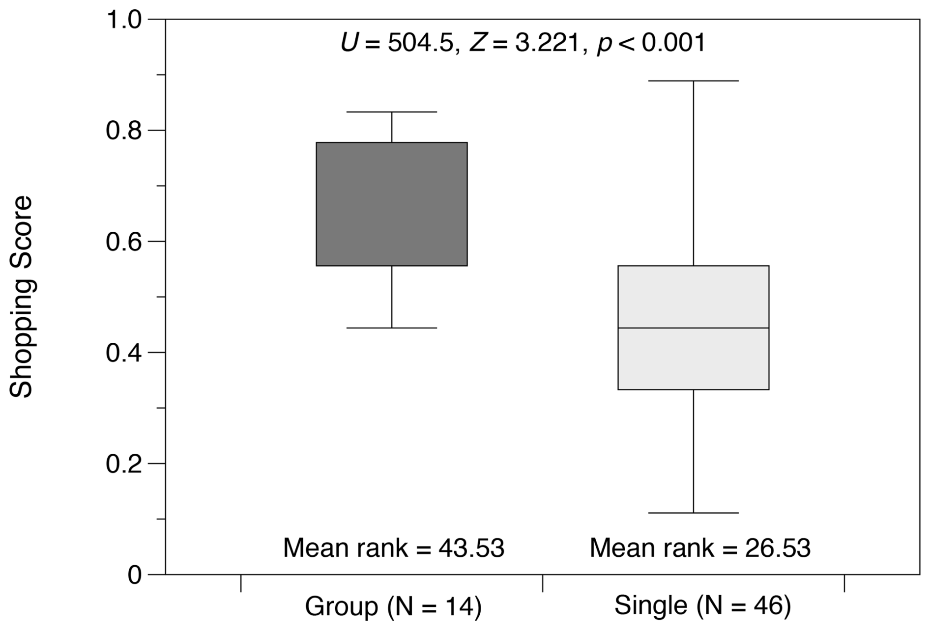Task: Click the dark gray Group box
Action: tap(391, 204)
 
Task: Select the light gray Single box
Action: tap(693, 295)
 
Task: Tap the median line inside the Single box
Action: tap(693, 328)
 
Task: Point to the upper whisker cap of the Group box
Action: tap(391, 112)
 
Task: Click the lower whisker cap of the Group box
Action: tap(391, 328)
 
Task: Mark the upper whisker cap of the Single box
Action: tap(693, 81)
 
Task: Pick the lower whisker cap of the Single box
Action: tap(693, 513)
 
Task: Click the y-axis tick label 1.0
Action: tap(123, 20)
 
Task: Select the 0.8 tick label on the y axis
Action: tap(123, 131)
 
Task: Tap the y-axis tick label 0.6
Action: tap(123, 242)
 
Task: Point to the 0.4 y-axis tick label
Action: tap(123, 353)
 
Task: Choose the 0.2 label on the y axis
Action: tap(123, 464)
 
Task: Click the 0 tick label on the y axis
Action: tap(134, 575)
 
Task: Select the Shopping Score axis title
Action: tap(21, 297)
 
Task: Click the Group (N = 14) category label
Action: tap(393, 606)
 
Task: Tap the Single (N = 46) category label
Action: tap(702, 605)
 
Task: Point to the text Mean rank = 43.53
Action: tap(394, 548)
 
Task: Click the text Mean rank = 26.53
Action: tap(700, 548)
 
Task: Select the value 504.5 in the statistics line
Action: tap(420, 43)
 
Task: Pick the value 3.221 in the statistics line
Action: tap(547, 43)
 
